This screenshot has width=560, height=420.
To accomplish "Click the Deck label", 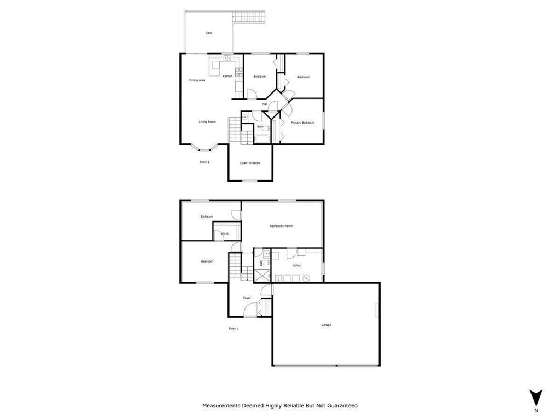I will pos(208,33).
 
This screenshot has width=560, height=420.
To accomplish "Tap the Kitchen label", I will pos(227,76).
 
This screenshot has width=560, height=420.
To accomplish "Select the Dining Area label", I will pos(197,80).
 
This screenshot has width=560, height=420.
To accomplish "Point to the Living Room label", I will pos(207,121).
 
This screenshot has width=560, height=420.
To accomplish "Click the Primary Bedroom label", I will pos(302,122).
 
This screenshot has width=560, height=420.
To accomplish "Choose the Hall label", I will pos(265,104).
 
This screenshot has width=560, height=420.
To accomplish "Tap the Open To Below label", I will pos(250,163).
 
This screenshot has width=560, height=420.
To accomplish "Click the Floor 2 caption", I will pos(205,162).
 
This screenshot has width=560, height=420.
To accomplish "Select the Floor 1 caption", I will pos(234,328).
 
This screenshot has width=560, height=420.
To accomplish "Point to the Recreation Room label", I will pos(281,226).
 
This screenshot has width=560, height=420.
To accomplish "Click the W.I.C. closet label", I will pos(225,234).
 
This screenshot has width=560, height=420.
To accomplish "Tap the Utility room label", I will pos(296,265).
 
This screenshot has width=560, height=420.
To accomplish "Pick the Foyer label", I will pos(247,298).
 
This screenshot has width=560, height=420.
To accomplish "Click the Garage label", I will pos(326,325).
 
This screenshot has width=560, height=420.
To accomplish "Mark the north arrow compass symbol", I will pos(536,396).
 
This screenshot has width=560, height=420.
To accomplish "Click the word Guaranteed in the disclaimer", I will pos(340,406).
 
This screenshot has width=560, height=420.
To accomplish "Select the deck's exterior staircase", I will pos(249,17).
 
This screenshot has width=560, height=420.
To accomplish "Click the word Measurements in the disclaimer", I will pos(221,406).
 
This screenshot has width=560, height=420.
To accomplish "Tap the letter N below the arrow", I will pos(536,410).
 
